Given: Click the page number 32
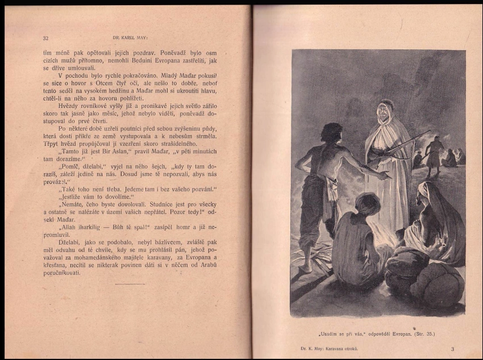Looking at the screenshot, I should pos(45,38).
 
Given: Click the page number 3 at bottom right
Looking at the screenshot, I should pos(452,349).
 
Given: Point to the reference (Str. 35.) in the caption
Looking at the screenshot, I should pos(423,333).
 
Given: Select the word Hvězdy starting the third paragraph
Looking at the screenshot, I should pos(69,105).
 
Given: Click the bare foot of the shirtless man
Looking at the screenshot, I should pos(306,268).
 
